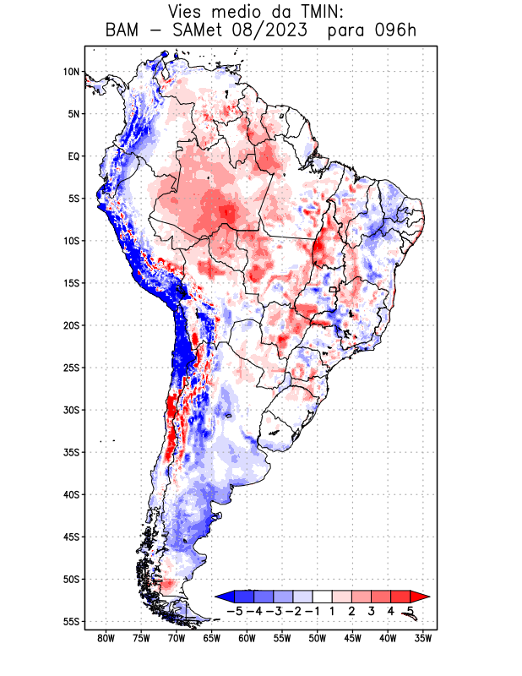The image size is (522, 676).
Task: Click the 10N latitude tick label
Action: pos(71,72)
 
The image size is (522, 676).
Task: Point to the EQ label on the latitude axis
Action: pos(73,156)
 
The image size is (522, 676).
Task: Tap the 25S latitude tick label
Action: pos(70,368)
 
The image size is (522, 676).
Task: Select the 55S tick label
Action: pos(70,621)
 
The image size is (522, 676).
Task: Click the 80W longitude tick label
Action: pos(106,639)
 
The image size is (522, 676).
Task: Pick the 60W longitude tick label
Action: pos(247,639)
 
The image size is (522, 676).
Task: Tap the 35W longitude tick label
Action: pos(423,639)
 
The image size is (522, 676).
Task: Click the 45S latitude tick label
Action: pos(70,537)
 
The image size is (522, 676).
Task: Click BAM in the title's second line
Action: pos(122,31)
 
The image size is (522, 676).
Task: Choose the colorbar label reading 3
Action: pos(372,611)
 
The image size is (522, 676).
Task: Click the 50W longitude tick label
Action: pos(318,639)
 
